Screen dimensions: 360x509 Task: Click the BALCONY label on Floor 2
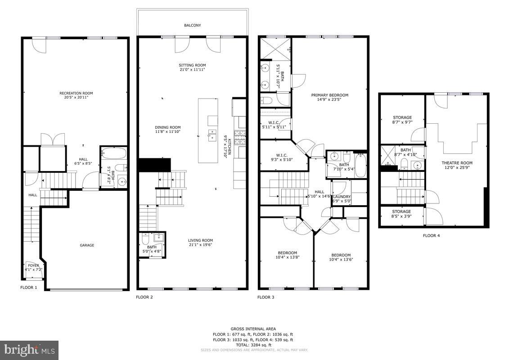point(192,26)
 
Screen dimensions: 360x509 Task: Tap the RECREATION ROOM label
point(76,93)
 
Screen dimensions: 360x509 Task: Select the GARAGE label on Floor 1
point(87,245)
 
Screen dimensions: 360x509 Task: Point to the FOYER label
point(34,265)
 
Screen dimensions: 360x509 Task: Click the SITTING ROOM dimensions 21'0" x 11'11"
point(192,70)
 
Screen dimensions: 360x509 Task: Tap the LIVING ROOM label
point(200,240)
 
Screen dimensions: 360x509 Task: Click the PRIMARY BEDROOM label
point(330,95)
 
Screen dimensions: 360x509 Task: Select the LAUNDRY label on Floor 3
point(342,197)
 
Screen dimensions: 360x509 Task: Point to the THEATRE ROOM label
point(457,163)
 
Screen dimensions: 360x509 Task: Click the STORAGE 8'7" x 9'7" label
point(402,117)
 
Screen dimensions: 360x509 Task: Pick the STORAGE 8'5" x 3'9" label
point(401,211)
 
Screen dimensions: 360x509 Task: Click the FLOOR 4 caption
point(431,235)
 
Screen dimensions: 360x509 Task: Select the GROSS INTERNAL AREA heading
point(253,329)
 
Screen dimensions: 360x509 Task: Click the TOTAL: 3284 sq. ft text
point(253,345)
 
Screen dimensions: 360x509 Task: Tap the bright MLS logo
point(29,350)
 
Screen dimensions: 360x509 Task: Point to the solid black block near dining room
point(154,165)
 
